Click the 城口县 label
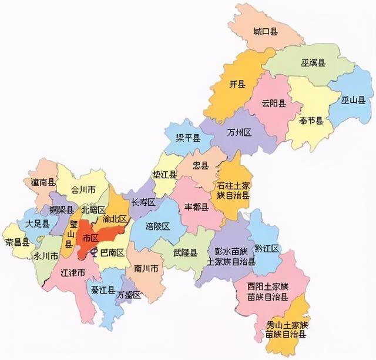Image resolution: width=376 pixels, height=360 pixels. [266, 31]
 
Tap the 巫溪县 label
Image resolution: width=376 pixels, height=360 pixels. [314, 62]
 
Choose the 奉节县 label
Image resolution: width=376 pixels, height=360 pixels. [311, 121]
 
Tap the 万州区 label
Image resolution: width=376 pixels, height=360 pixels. [239, 134]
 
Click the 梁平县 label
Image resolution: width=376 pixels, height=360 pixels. [188, 138]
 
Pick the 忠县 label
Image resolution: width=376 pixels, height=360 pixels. [201, 166]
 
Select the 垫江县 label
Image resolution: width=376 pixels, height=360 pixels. [165, 175]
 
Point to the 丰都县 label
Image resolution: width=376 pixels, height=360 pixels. [196, 207]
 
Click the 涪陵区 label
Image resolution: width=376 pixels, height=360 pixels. [158, 226]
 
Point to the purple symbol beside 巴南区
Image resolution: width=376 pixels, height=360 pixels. [93, 254]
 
